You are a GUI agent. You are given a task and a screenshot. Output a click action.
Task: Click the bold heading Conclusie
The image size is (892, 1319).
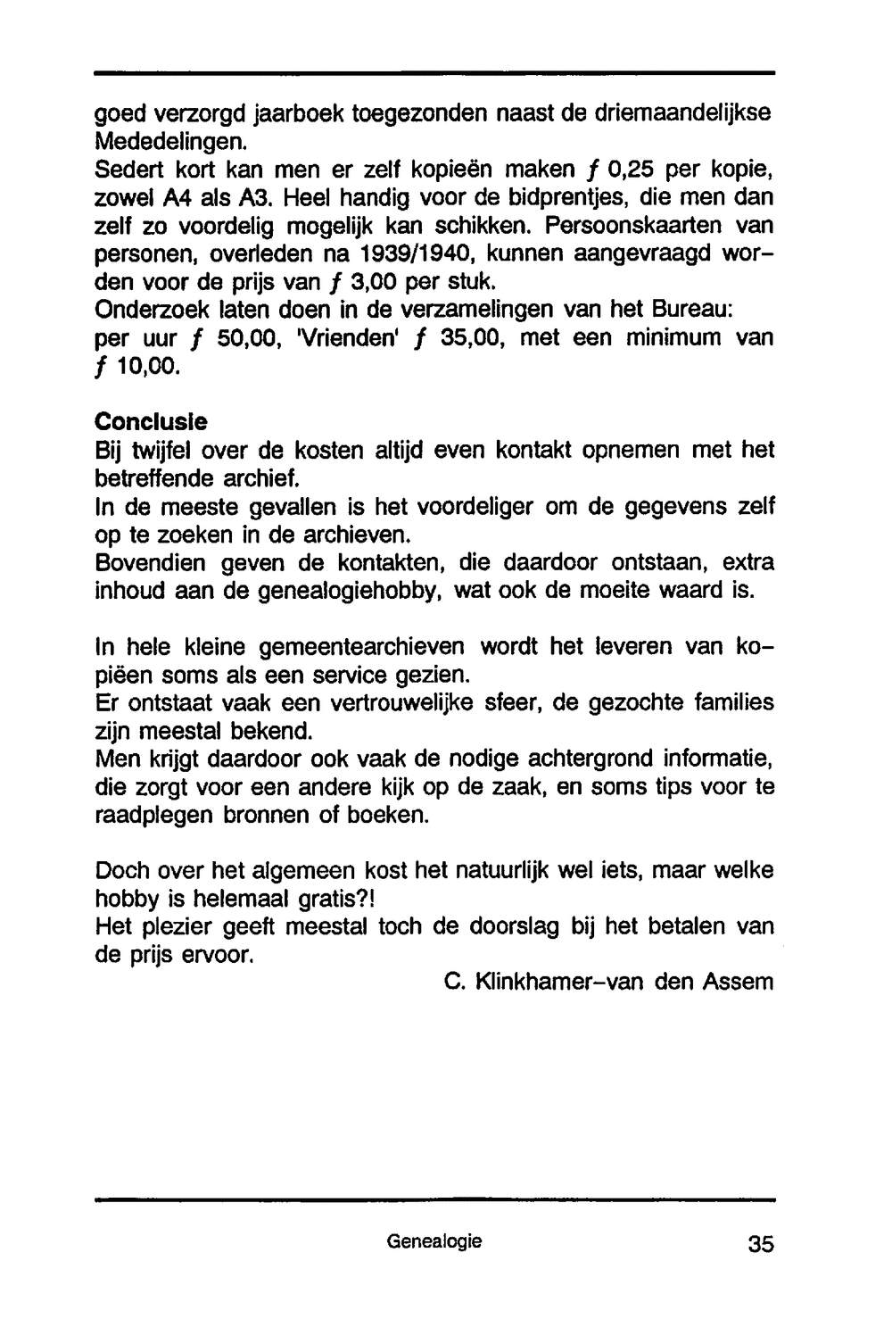pos(151,420)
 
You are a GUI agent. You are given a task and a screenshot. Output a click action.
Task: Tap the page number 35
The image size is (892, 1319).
pos(761,1244)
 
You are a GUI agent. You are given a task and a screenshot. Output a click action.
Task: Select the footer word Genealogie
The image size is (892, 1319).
pos(434,1240)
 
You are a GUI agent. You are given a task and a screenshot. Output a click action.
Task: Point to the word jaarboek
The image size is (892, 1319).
pos(301,114)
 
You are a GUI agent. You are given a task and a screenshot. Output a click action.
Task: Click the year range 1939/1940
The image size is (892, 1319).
pos(412,254)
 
